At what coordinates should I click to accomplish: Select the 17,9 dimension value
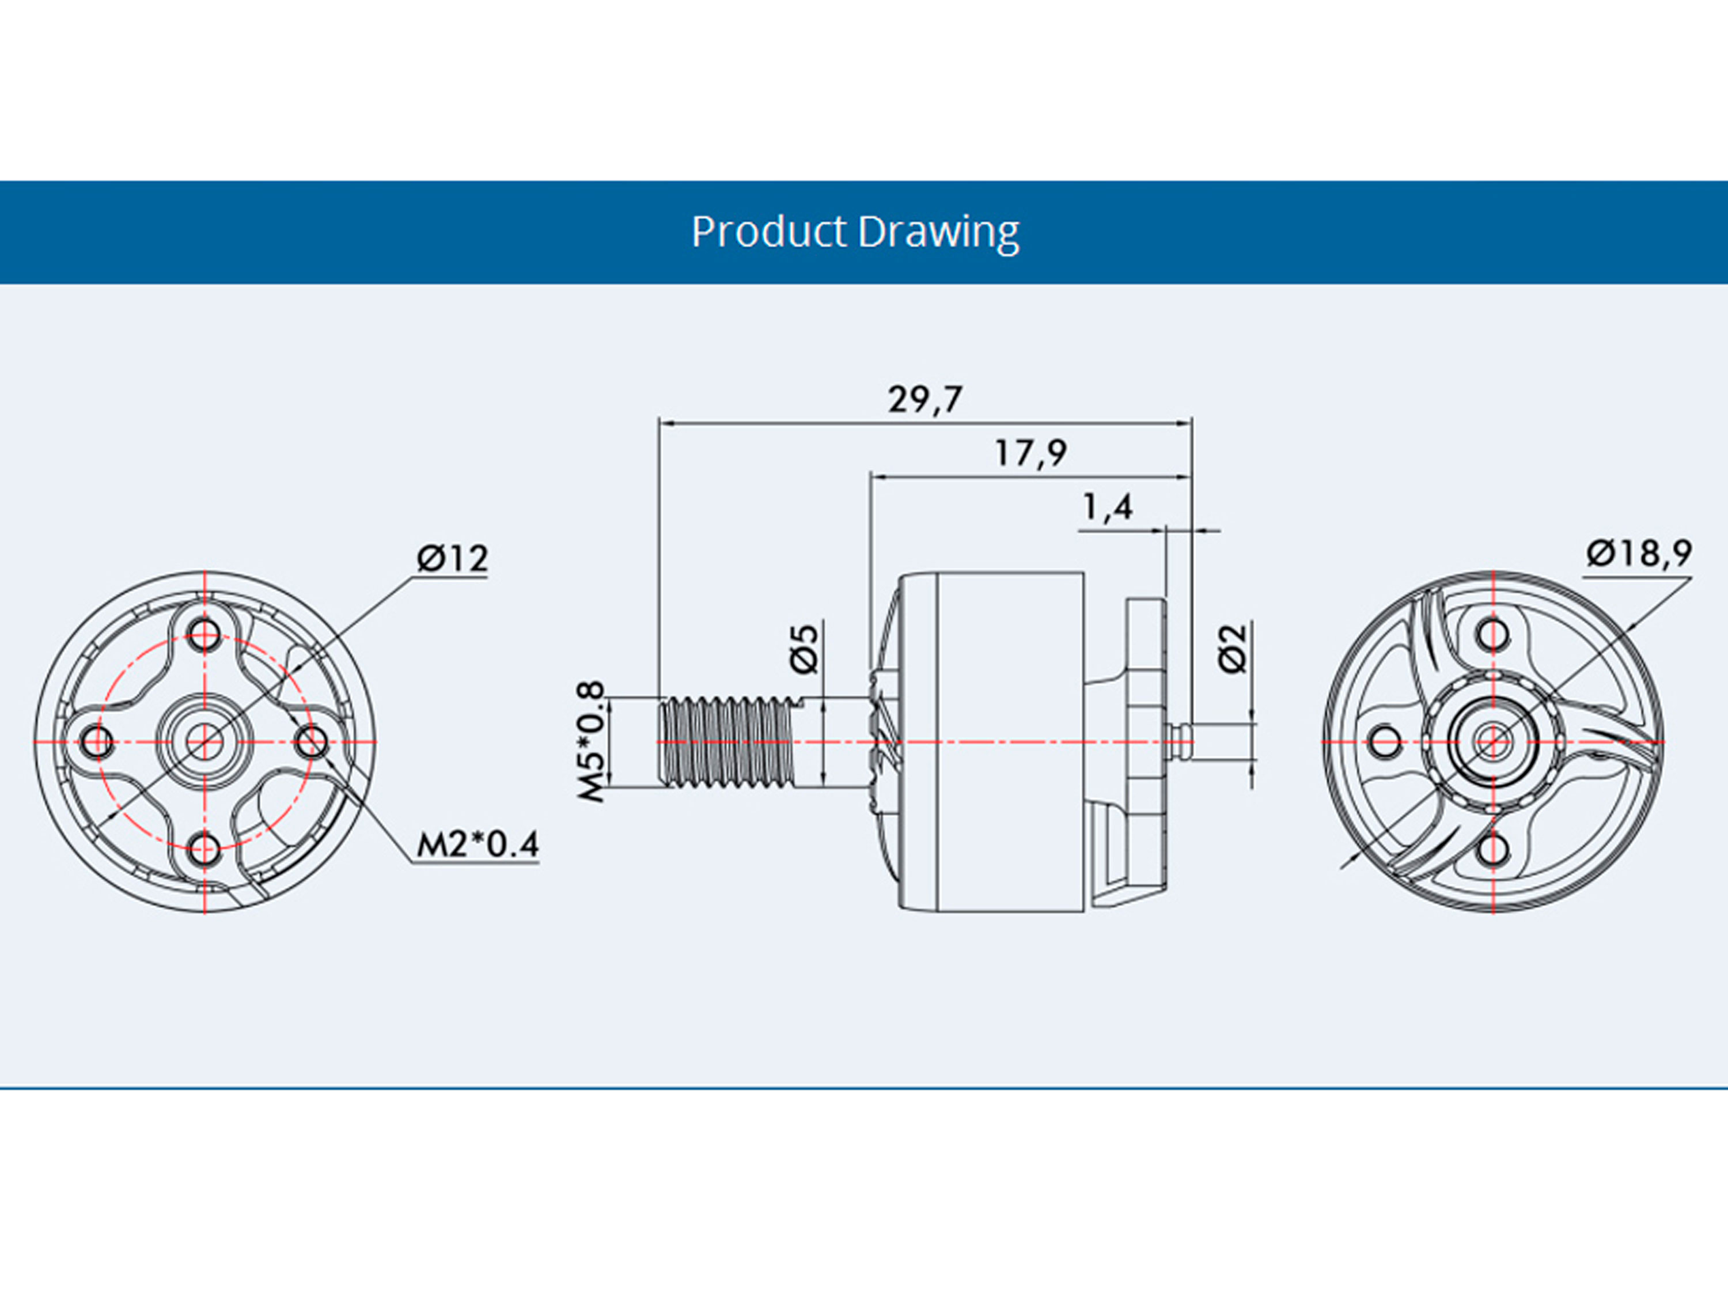click(x=1030, y=452)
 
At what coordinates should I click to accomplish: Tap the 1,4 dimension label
click(x=1107, y=507)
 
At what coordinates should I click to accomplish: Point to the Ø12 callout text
click(x=452, y=558)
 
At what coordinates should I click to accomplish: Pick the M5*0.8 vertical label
click(x=592, y=741)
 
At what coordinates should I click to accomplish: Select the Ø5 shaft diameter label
click(x=805, y=648)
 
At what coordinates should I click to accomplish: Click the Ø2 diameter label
click(x=1233, y=648)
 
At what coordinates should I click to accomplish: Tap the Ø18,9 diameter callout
click(x=1639, y=553)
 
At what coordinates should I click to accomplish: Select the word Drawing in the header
click(x=938, y=232)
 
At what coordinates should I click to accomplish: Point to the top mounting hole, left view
click(x=204, y=634)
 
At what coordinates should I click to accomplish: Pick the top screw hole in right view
click(x=1494, y=634)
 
